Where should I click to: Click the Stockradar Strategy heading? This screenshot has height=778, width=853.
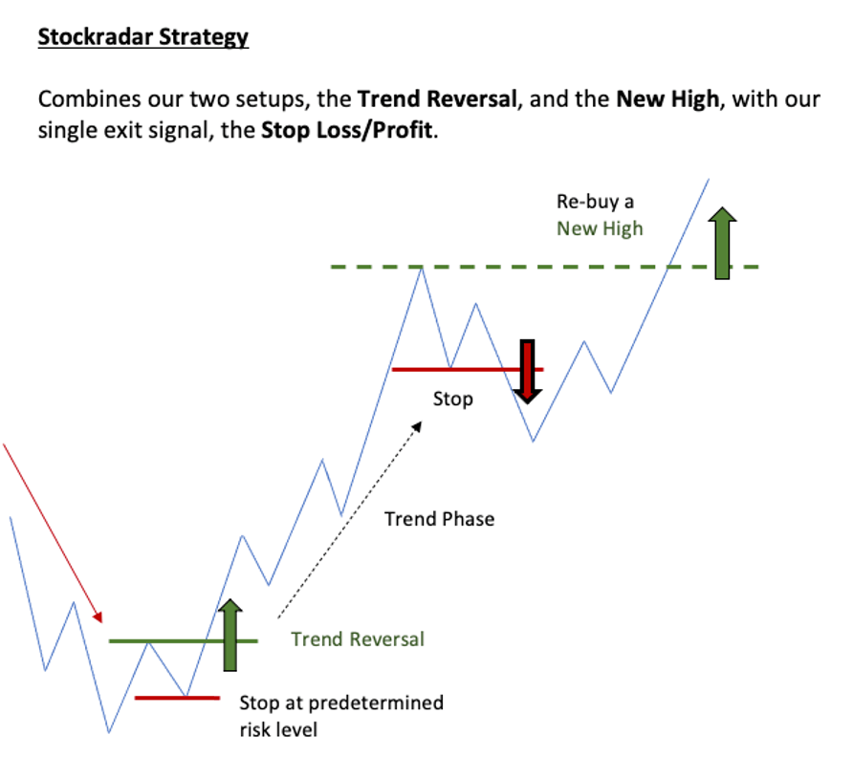143,37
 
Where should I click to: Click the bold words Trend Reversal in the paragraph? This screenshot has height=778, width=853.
437,99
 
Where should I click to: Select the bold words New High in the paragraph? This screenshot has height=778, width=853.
667,99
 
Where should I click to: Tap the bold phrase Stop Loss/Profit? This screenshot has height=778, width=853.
347,131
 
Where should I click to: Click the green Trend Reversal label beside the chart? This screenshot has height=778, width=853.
358,639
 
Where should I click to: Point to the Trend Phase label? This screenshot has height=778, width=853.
440,519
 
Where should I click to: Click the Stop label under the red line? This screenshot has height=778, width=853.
452,400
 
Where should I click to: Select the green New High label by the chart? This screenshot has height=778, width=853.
600,228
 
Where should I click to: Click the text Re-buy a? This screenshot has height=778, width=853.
595,202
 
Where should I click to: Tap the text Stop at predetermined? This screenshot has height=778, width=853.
341,703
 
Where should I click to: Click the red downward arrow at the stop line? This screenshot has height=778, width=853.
527,372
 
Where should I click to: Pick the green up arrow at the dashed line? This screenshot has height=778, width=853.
722,243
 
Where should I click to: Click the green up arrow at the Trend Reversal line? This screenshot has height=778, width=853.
230,635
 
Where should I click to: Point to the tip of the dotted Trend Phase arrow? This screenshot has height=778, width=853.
422,421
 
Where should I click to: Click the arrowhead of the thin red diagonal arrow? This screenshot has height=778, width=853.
98,617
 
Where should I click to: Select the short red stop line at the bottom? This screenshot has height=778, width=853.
177,698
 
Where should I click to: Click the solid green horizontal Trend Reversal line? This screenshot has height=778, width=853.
184,641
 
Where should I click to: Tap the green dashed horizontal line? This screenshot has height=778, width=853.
544,267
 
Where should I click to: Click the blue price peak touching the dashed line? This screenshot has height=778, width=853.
422,269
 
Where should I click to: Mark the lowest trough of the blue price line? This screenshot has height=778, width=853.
109,732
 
